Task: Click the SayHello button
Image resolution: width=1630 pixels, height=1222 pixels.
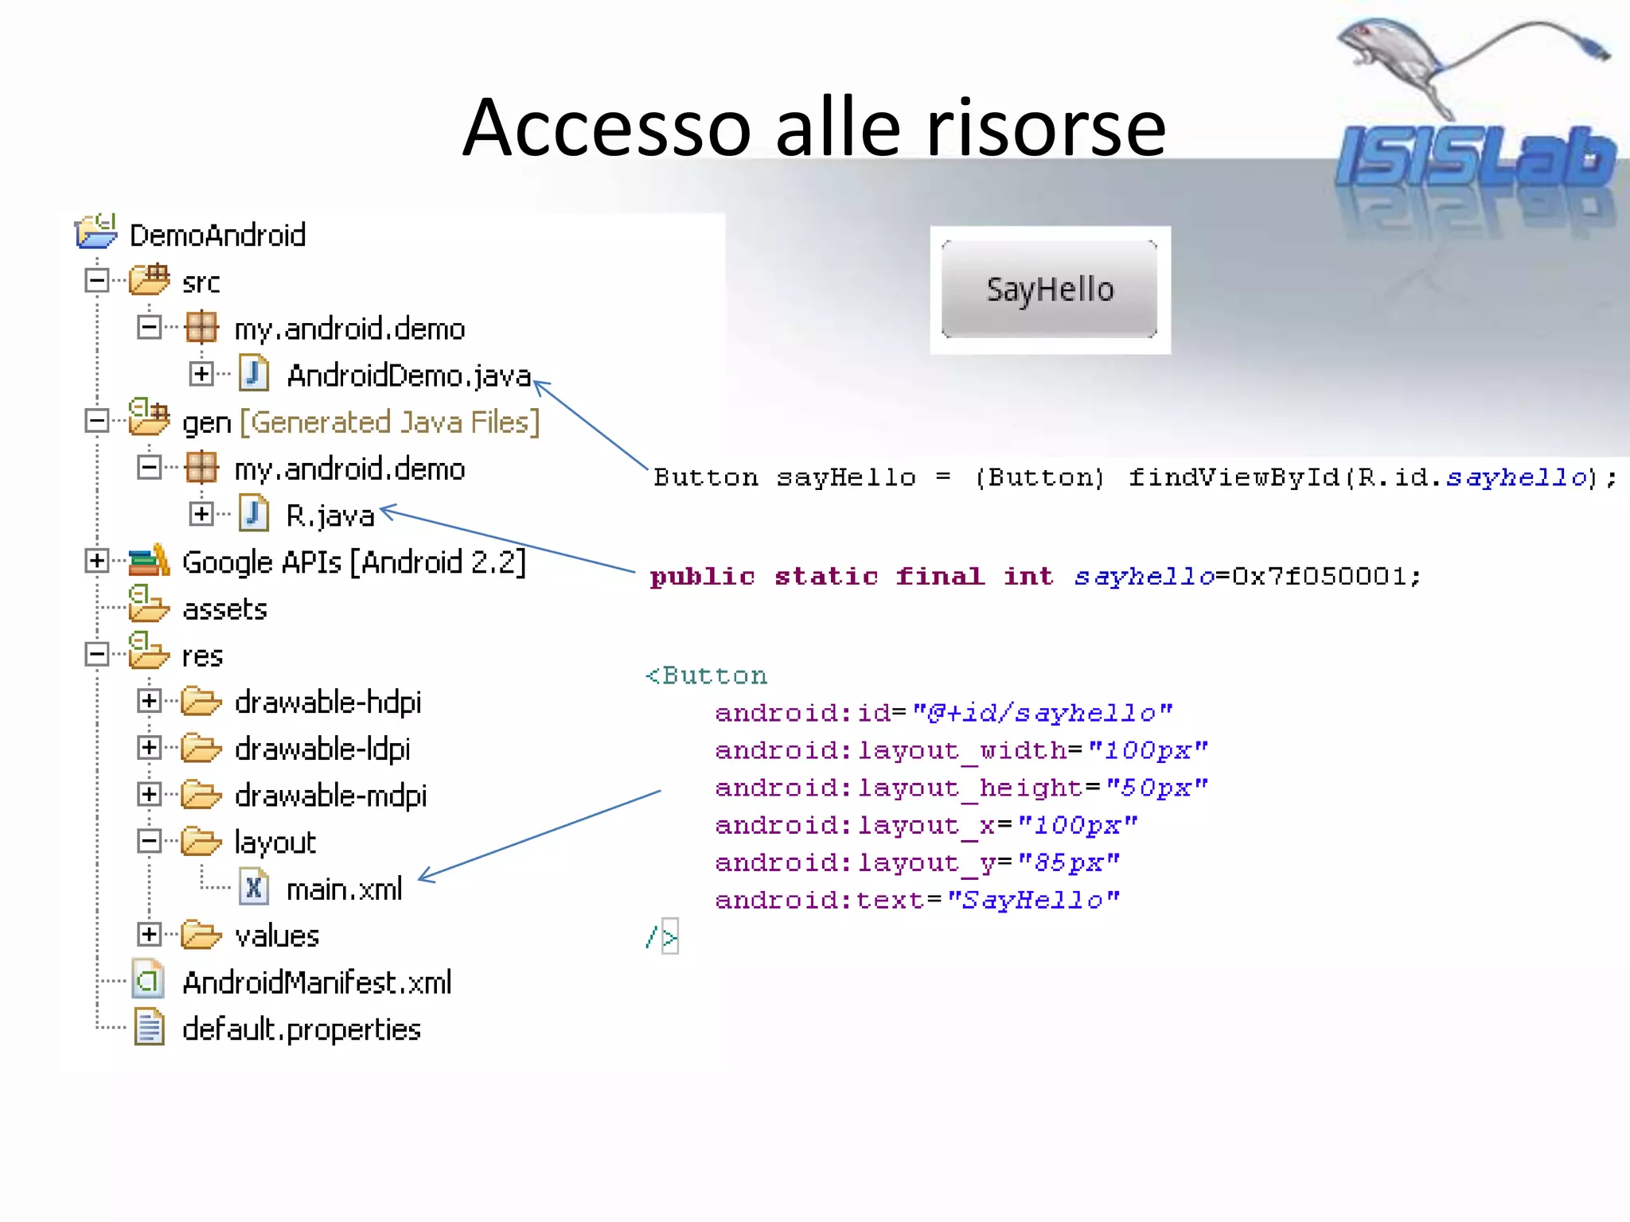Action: [x=1049, y=290]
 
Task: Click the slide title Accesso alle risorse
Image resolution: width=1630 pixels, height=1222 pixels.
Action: [x=813, y=127]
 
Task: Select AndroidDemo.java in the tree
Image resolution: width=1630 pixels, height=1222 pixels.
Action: [x=408, y=376]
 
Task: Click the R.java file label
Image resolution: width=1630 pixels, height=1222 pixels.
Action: [x=330, y=516]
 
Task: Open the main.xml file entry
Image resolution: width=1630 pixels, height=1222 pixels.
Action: [x=344, y=889]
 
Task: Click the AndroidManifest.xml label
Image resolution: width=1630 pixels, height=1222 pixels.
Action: [x=317, y=983]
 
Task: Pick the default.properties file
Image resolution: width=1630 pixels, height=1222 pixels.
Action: [x=301, y=1029]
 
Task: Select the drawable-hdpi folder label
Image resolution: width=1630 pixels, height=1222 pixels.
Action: [x=328, y=702]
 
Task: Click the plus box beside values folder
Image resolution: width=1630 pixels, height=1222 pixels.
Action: [x=149, y=935]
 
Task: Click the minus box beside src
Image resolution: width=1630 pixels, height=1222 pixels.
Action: [x=97, y=280]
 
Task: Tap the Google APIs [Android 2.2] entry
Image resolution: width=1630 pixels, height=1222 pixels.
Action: [x=353, y=562]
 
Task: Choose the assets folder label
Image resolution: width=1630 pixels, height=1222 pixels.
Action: [x=224, y=609]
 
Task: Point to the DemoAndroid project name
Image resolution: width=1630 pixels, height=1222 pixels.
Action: [x=217, y=235]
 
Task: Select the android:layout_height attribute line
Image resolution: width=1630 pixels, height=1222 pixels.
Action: [x=960, y=788]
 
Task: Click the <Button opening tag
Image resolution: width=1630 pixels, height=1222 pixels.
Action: [x=707, y=675]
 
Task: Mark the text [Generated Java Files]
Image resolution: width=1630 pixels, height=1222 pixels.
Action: [x=389, y=422]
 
